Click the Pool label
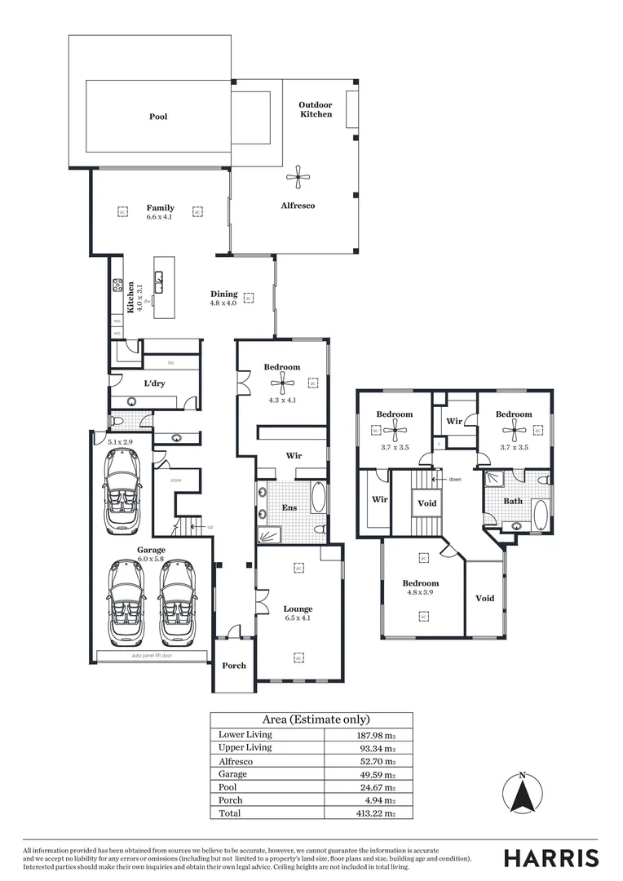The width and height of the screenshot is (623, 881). (x=158, y=117)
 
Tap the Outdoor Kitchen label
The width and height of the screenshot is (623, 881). (x=315, y=109)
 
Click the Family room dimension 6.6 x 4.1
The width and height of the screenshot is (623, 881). (x=160, y=217)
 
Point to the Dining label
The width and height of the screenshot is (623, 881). (x=224, y=294)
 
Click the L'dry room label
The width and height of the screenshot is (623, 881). (x=155, y=383)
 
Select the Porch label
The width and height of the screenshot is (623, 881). (x=234, y=666)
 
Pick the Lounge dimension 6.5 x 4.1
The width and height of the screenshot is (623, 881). (x=298, y=618)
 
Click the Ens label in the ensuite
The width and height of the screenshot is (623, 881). (x=289, y=507)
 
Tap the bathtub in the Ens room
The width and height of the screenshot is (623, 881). (x=317, y=498)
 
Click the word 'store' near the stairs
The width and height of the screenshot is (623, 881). (x=175, y=480)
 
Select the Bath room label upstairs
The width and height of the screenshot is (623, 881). (x=512, y=502)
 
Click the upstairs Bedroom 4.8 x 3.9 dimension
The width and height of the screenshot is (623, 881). (x=420, y=593)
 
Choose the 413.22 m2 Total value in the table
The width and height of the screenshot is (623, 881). (x=379, y=814)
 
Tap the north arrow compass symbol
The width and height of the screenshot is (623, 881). (x=523, y=794)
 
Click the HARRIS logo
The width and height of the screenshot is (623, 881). (x=550, y=858)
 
